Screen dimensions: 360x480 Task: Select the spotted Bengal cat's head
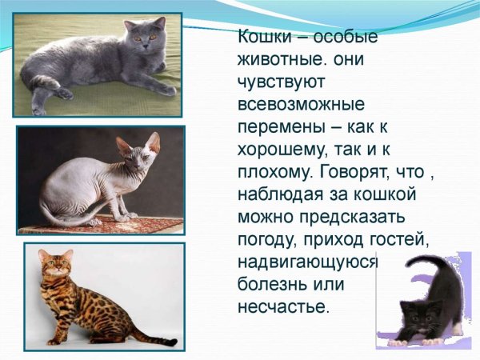56,265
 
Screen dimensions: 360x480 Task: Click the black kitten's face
412,310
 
